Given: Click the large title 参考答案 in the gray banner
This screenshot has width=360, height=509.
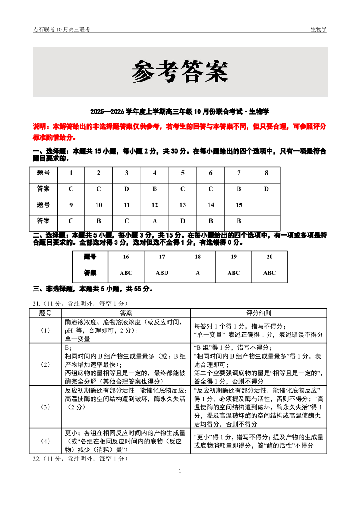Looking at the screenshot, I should tap(180, 72).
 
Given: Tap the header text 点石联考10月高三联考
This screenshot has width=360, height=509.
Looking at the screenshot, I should tap(61, 29).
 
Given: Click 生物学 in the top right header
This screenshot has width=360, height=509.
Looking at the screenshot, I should tap(318, 29).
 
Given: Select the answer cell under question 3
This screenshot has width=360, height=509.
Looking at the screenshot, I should tap(126, 189).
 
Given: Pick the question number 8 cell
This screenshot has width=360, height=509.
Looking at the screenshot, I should tap(266, 173).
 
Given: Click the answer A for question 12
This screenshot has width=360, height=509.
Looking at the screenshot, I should tap(155, 221).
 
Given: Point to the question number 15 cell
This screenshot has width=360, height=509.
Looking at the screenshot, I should tap(238, 205).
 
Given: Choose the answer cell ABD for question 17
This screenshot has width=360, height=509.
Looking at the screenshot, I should tap(162, 273).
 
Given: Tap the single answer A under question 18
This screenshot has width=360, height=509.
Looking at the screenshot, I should tap(198, 273).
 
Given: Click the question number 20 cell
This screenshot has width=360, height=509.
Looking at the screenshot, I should tap(269, 257).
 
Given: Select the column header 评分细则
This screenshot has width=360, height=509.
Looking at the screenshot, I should tap(258, 313).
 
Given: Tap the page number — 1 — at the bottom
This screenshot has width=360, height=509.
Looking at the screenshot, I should tap(180, 471).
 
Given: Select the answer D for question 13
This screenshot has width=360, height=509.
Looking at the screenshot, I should tap(183, 221).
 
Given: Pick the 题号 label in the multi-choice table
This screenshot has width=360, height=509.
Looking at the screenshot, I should tap(90, 257).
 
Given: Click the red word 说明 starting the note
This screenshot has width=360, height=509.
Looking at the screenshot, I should tap(39, 126).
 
